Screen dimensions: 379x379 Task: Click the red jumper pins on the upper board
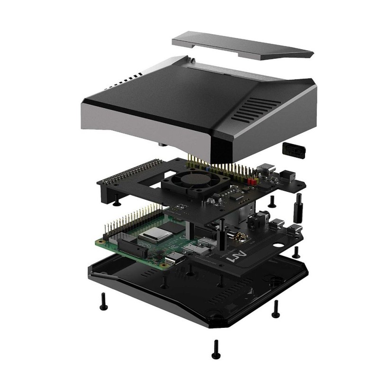pyautogui.click(x=251, y=181)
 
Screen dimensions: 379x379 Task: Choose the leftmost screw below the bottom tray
pyautogui.click(x=102, y=301)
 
